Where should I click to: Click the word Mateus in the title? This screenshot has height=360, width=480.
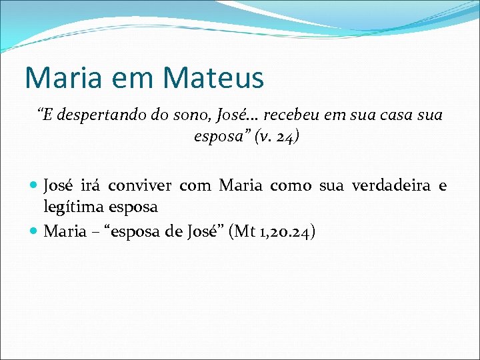click(213, 77)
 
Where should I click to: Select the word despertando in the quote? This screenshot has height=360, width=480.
click(98, 115)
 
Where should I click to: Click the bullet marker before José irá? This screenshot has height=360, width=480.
click(34, 185)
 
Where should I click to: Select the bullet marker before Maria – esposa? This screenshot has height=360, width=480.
click(34, 232)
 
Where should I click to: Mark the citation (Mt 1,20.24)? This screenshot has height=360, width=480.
click(274, 232)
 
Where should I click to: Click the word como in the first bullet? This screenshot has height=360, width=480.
click(291, 185)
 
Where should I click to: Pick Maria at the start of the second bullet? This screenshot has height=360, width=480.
click(65, 232)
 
